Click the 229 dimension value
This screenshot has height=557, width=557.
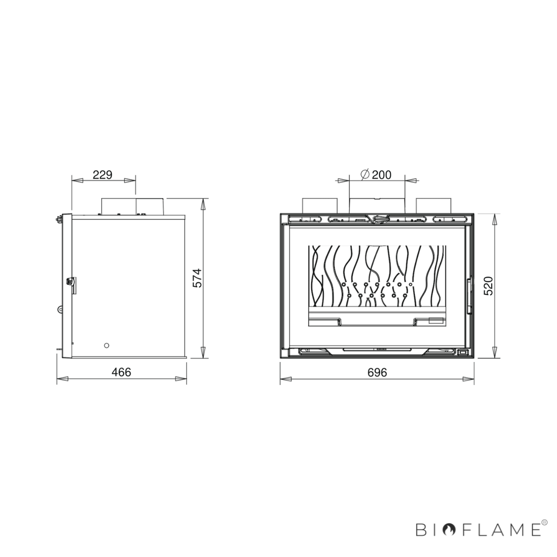(102, 175)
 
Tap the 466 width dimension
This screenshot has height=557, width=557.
(122, 372)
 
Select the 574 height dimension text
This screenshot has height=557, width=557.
(197, 278)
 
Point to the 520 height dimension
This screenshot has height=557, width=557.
(488, 286)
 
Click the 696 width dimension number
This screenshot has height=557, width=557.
(377, 372)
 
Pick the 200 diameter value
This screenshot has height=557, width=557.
(382, 175)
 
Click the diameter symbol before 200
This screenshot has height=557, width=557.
(365, 175)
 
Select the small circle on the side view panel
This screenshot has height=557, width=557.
(106, 345)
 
